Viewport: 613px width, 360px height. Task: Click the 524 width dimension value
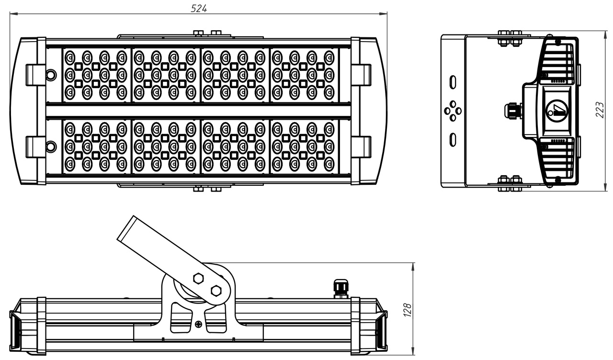click(198, 8)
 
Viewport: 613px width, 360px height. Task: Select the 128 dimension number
click(408, 310)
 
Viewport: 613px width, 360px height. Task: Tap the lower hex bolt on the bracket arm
click(216, 290)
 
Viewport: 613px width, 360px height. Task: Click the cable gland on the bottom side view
click(341, 289)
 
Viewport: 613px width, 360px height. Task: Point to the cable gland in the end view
click(513, 111)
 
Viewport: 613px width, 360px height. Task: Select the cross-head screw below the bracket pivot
click(198, 324)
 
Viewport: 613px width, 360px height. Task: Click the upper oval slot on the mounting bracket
click(453, 82)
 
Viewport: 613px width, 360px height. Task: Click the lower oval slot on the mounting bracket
click(453, 140)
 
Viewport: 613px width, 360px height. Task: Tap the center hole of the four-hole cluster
click(453, 111)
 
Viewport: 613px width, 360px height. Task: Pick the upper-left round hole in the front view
click(51, 75)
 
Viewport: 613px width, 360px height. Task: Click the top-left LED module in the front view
click(96, 75)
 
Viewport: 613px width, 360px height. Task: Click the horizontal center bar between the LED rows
click(198, 111)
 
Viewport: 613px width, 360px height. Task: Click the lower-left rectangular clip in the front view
click(35, 146)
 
